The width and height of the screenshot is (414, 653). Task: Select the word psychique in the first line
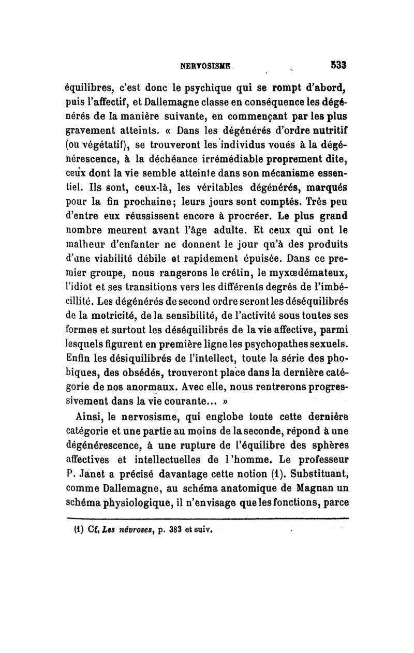pos(191,86)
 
